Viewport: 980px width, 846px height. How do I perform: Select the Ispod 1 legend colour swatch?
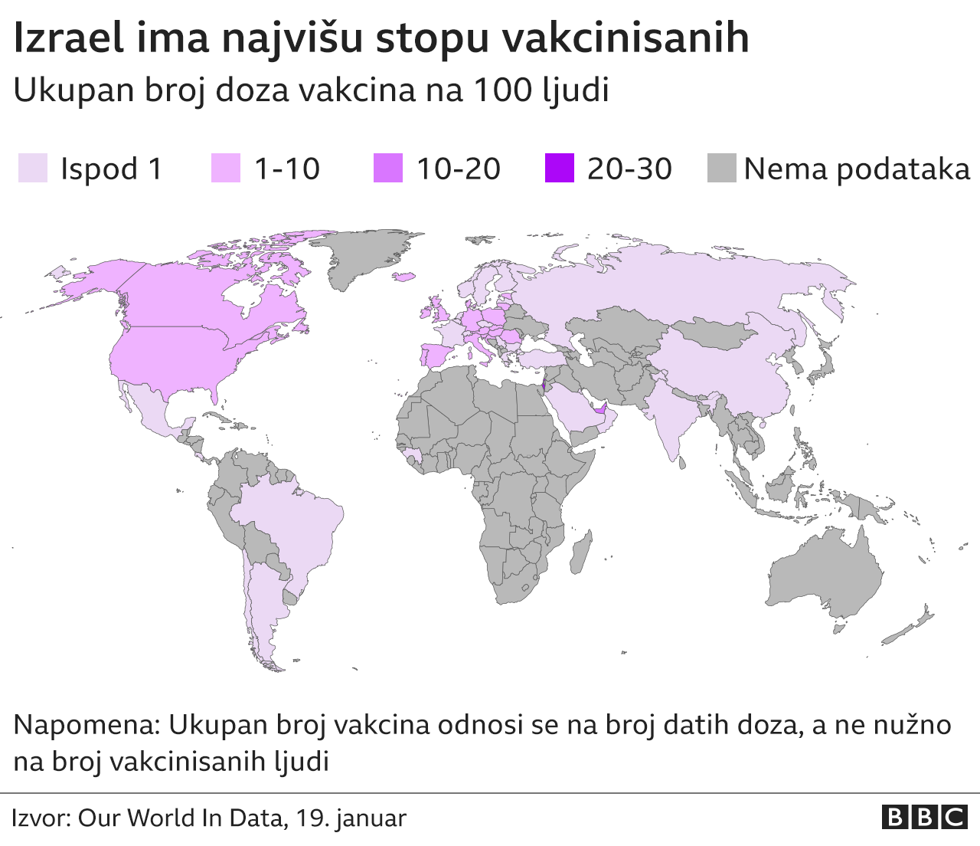(x=32, y=168)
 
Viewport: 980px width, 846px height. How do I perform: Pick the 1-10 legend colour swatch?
(x=225, y=168)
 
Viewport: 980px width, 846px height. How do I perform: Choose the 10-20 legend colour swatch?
(x=387, y=168)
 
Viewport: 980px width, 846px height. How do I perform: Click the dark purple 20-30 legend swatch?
(x=559, y=168)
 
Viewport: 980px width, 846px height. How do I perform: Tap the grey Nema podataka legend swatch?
(x=721, y=168)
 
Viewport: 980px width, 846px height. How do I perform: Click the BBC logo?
(x=924, y=818)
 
